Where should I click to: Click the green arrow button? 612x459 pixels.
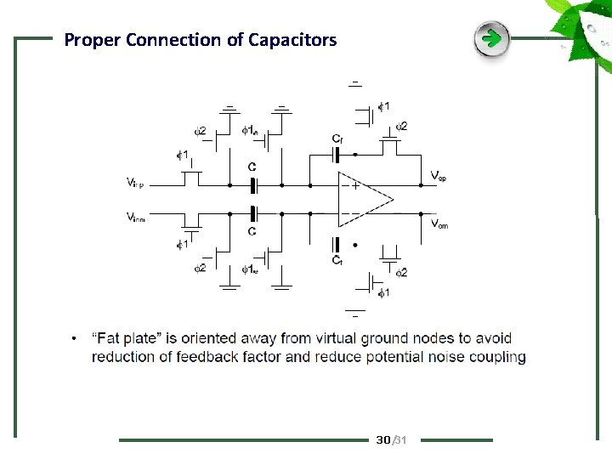click(x=491, y=39)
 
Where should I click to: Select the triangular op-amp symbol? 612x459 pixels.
click(x=365, y=200)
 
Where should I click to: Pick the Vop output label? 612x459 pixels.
click(x=439, y=176)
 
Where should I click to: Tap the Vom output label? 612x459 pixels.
click(x=439, y=224)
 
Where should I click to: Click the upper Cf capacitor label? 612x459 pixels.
click(x=337, y=139)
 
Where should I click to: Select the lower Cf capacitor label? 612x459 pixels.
click(x=337, y=259)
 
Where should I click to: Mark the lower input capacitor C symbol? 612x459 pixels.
click(x=252, y=212)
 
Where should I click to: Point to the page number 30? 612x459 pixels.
click(x=382, y=439)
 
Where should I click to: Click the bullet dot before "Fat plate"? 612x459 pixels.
click(x=76, y=340)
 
